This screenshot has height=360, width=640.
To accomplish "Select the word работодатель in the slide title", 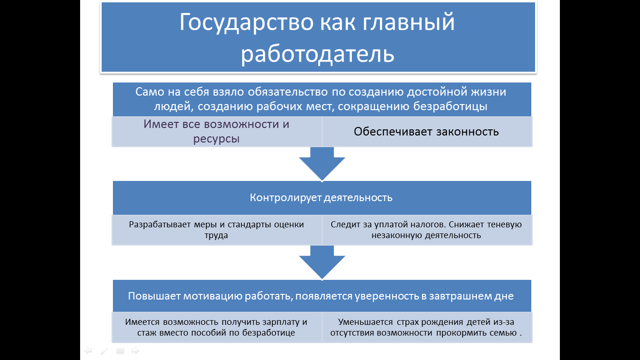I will [x=318, y=53].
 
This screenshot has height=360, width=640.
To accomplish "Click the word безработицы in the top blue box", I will [x=451, y=106].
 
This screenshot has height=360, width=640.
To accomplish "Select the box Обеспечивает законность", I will [x=426, y=131].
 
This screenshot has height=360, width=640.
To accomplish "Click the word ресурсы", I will [x=216, y=139].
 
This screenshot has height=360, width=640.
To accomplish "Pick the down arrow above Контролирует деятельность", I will [x=322, y=164].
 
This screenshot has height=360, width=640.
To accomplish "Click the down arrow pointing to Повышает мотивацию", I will [x=322, y=263].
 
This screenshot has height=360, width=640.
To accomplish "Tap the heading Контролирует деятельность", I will [x=321, y=197].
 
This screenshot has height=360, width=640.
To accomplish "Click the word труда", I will [x=216, y=235].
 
